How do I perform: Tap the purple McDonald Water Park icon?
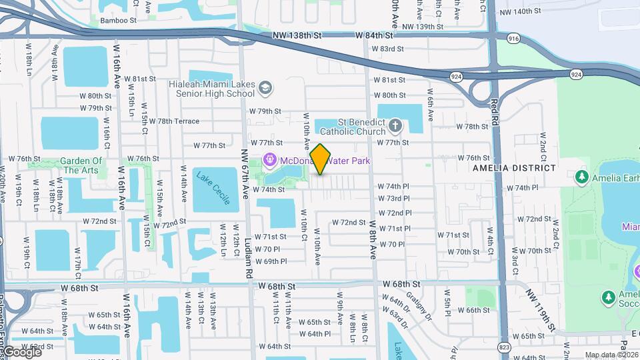(269, 160)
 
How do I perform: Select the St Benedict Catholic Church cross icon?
(395, 125)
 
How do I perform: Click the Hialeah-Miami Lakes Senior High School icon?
(265, 88)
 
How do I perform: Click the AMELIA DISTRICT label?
(513, 168)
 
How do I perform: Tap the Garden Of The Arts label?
(82, 165)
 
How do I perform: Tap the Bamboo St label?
(118, 20)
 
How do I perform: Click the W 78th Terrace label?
(169, 121)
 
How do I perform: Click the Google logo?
(21, 351)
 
